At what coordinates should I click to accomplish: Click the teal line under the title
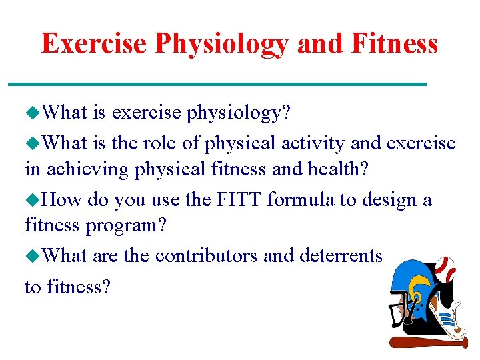pyautogui.click(x=217, y=84)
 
